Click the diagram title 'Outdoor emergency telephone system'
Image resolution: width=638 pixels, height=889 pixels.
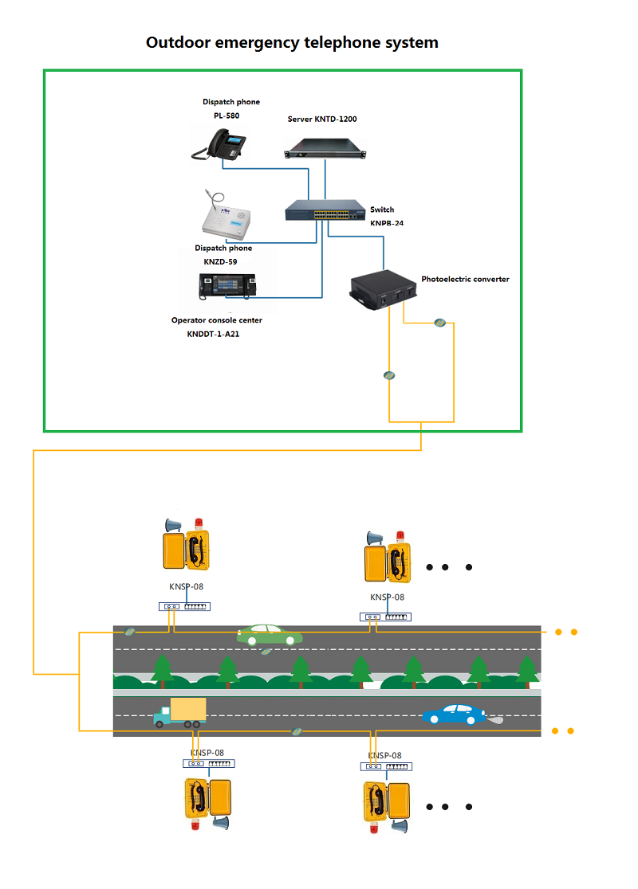pyautogui.click(x=292, y=43)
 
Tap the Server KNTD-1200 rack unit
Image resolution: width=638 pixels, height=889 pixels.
pyautogui.click(x=327, y=148)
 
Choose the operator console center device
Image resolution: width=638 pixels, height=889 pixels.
pyautogui.click(x=227, y=285)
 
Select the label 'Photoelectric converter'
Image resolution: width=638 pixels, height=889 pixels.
pyautogui.click(x=465, y=280)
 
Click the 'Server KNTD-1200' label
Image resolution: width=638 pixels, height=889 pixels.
pyautogui.click(x=322, y=119)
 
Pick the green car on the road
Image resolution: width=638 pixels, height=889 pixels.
pyautogui.click(x=270, y=634)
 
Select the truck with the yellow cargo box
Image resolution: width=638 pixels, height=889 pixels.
pyautogui.click(x=180, y=712)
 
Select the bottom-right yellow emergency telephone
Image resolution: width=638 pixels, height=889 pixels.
pyautogui.click(x=386, y=800)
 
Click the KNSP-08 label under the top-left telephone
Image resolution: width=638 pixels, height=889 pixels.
pyautogui.click(x=186, y=587)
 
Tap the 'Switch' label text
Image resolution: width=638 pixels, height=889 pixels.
pyautogui.click(x=382, y=210)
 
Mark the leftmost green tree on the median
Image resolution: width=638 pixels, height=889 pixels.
pyautogui.click(x=163, y=669)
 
